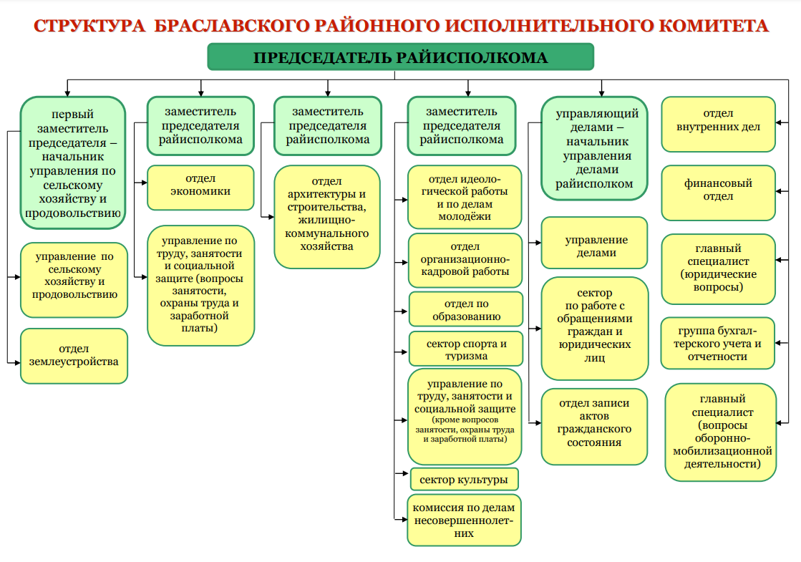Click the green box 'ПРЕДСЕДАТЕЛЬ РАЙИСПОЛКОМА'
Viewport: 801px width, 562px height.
pos(401,57)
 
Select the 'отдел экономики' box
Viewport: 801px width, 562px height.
pos(200,188)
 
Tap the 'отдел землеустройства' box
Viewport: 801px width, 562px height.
pos(74,356)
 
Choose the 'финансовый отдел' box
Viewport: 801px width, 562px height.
pos(718,193)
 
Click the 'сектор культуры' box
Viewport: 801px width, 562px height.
pos(464,479)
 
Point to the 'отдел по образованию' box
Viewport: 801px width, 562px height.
pos(466,309)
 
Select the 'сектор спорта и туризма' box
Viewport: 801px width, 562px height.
pos(466,349)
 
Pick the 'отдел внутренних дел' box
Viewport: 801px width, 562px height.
pos(718,124)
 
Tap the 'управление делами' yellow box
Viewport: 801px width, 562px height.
pos(595,243)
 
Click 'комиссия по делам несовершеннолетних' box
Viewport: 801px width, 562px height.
pos(464,520)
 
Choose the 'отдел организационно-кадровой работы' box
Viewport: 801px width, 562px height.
pos(465,260)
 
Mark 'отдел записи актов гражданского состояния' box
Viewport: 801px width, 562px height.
pos(595,427)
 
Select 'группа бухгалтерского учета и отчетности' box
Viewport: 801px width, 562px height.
pos(718,344)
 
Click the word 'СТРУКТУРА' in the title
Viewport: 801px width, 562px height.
pos(89,26)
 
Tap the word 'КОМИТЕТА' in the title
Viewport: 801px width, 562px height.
pos(713,26)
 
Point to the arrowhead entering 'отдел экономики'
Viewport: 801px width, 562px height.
pos(144,183)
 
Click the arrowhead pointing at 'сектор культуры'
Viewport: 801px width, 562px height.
pos(405,474)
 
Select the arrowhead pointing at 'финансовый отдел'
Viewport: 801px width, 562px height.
pos(779,191)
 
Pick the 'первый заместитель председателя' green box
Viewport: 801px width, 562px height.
pos(73,163)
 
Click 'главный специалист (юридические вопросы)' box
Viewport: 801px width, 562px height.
pos(718,268)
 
